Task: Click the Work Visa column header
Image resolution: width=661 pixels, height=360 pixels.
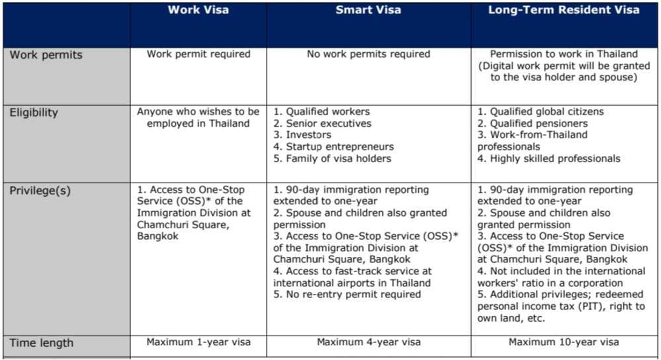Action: click(x=198, y=10)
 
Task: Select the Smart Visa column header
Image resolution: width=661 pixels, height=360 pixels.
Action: click(x=368, y=10)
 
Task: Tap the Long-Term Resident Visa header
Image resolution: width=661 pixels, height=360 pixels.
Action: click(x=564, y=10)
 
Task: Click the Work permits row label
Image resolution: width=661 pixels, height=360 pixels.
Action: click(x=46, y=55)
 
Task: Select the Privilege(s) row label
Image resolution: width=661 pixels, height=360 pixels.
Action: click(x=40, y=191)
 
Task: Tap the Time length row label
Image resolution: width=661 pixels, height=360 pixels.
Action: click(x=41, y=343)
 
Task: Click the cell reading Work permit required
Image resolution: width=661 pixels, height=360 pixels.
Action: click(x=198, y=54)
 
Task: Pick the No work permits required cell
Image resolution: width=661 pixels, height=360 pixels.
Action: click(x=368, y=54)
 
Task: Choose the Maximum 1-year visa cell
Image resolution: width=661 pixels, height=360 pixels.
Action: click(x=198, y=342)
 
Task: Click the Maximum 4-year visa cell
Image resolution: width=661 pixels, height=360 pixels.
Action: click(x=368, y=342)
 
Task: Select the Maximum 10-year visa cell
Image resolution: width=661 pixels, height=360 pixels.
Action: click(x=564, y=342)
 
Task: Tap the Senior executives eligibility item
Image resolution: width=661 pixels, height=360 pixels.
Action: click(x=322, y=124)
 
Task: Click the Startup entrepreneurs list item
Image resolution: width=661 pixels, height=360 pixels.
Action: click(x=333, y=147)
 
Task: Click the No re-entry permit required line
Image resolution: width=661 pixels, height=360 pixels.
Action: click(x=347, y=294)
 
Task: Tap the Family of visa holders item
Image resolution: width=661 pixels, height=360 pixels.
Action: click(x=332, y=159)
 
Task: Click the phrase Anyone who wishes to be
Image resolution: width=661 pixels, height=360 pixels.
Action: click(x=198, y=112)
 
